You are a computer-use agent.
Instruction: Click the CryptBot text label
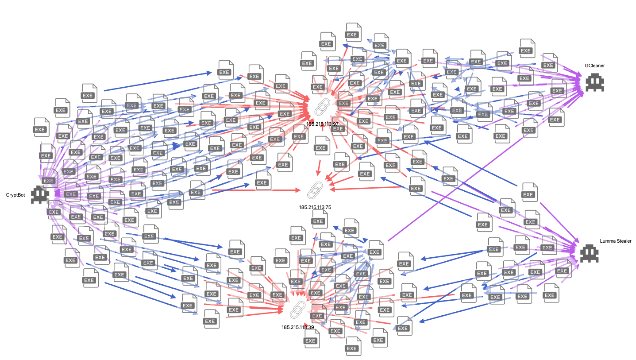[x=15, y=195]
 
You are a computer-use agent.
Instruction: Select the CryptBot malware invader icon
[x=40, y=195]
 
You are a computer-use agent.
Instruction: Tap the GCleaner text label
[x=594, y=66]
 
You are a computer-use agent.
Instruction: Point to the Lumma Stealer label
[x=615, y=241]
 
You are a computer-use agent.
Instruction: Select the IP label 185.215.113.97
[x=322, y=124]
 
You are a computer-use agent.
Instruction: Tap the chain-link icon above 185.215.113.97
[x=323, y=107]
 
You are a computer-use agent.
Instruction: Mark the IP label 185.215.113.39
[x=297, y=327]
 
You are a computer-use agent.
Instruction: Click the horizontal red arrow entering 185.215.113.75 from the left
[x=257, y=190]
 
